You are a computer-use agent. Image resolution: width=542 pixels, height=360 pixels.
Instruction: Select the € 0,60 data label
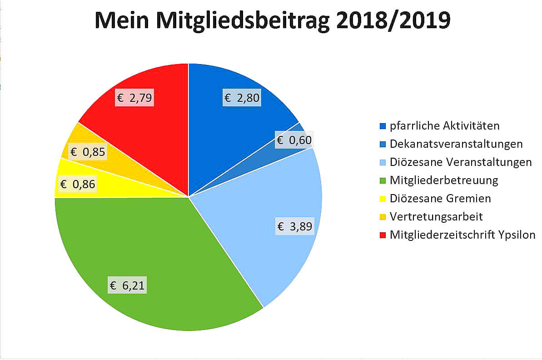[x=294, y=140]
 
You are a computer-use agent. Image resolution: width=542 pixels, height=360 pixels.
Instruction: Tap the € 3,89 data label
[x=295, y=226]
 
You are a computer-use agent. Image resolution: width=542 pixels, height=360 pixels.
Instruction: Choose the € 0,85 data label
[x=87, y=151]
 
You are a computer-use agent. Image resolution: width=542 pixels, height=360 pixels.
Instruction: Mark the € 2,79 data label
[x=134, y=97]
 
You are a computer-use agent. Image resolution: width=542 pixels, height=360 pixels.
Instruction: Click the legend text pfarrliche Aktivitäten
[x=445, y=126]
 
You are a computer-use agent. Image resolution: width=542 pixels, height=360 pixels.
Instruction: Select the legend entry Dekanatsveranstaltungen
[x=456, y=144]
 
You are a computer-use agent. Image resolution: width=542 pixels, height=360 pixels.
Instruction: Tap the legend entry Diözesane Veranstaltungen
[x=461, y=162]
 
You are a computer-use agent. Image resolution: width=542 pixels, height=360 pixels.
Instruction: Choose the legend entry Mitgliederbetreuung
[x=444, y=180]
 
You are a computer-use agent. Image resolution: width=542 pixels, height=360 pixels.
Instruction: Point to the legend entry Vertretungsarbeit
[x=436, y=217]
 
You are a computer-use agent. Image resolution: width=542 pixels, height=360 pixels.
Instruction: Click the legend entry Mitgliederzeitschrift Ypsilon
[x=462, y=235]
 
